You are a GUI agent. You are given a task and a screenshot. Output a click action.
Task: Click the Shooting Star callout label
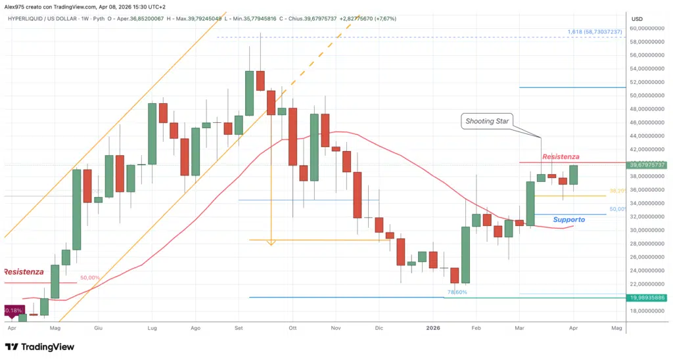point(488,121)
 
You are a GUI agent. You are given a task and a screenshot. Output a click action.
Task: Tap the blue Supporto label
point(569,219)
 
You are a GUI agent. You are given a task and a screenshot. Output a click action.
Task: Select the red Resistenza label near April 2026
point(560,157)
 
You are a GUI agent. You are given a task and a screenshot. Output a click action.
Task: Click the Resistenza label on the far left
point(24,271)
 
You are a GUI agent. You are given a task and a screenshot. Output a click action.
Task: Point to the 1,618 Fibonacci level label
point(593,32)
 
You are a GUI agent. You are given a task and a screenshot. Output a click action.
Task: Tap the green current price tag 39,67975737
point(647,165)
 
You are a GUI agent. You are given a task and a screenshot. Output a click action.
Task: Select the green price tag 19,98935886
point(647,298)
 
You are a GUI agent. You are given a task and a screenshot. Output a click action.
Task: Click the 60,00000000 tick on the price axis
point(647,28)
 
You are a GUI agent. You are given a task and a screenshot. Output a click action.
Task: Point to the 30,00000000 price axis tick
point(647,230)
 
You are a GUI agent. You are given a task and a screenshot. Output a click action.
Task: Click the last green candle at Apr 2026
point(573,175)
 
